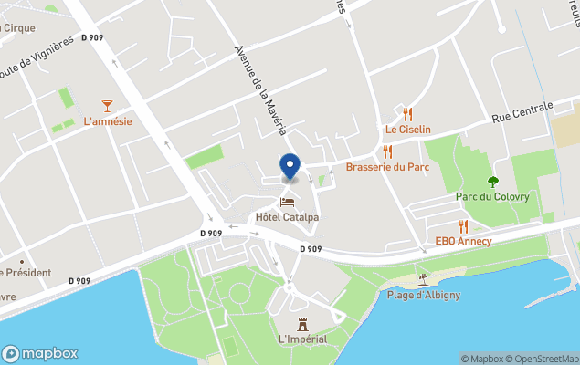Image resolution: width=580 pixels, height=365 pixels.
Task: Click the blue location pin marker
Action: tap(290, 167)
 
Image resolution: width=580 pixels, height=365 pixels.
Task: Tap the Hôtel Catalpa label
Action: tap(287, 217)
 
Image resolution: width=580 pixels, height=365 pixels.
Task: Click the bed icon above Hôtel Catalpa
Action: tap(287, 202)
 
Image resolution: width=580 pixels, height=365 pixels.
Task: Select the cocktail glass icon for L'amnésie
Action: tap(108, 106)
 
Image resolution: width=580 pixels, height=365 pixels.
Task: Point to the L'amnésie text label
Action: tap(108, 121)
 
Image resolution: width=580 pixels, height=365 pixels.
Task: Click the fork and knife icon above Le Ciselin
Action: tap(407, 114)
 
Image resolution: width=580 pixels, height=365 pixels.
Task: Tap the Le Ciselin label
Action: tap(407, 130)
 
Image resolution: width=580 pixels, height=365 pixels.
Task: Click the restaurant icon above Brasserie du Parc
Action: tap(387, 151)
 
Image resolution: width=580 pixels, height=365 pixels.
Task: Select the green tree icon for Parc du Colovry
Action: tap(493, 182)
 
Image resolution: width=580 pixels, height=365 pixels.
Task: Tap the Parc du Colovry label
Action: tap(492, 197)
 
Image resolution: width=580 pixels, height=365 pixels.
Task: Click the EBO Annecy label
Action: tap(463, 241)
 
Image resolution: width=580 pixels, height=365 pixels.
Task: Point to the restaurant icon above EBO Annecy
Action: tap(463, 225)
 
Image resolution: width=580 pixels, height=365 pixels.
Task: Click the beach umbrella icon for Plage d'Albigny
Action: tap(422, 278)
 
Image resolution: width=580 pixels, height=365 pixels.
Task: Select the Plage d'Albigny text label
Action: tap(423, 294)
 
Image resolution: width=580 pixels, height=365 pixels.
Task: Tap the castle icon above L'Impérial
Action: tap(303, 324)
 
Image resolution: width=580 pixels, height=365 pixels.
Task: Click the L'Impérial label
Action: tap(303, 340)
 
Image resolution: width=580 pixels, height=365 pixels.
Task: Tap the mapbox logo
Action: tap(40, 353)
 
